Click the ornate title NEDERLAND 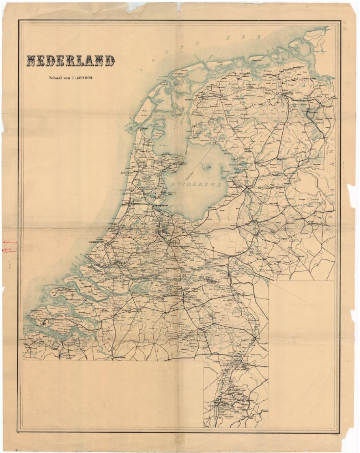click(70, 60)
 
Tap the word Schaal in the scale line click(57, 78)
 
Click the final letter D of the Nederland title click(110, 60)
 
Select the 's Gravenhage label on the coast click(96, 242)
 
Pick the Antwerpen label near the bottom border click(120, 357)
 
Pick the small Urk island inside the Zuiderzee click(209, 167)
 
